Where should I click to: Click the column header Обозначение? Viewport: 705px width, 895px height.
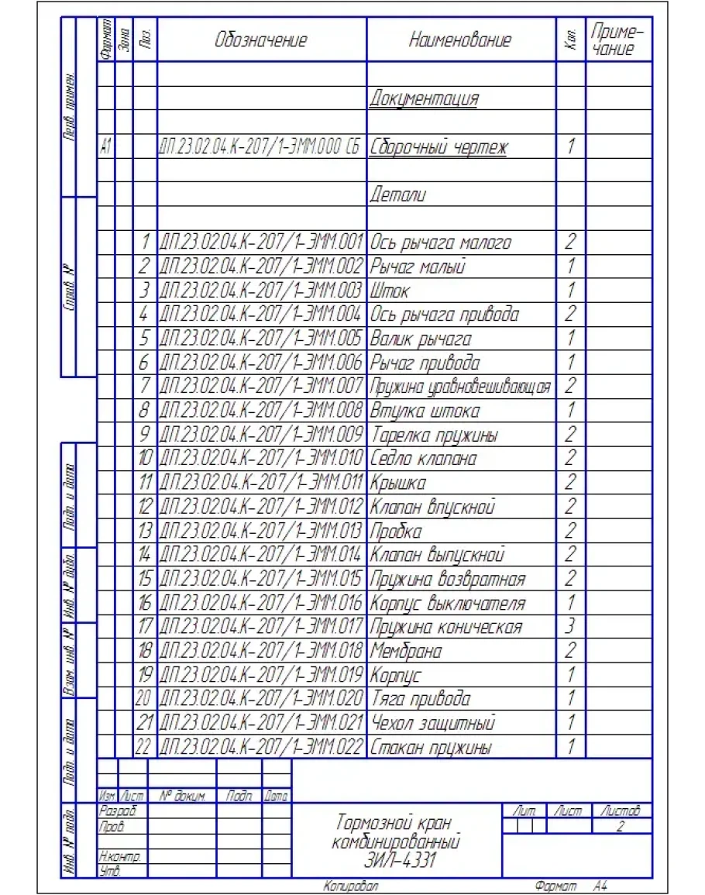coord(260,40)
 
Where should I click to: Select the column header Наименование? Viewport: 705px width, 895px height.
coord(460,40)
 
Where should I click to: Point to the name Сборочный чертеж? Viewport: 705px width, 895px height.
coord(438,147)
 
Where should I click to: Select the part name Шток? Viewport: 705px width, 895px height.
coord(390,291)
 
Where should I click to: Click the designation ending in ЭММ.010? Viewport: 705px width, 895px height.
coord(261,459)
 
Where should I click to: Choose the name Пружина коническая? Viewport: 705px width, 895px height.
coord(446,627)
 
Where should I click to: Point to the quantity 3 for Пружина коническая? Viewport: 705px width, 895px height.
coord(570,626)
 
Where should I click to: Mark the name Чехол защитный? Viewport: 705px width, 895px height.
coord(432,723)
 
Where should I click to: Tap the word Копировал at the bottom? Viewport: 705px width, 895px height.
coord(350,884)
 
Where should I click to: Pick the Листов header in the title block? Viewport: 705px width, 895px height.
coord(618,811)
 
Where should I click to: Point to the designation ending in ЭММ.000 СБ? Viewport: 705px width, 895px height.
coord(261,147)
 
